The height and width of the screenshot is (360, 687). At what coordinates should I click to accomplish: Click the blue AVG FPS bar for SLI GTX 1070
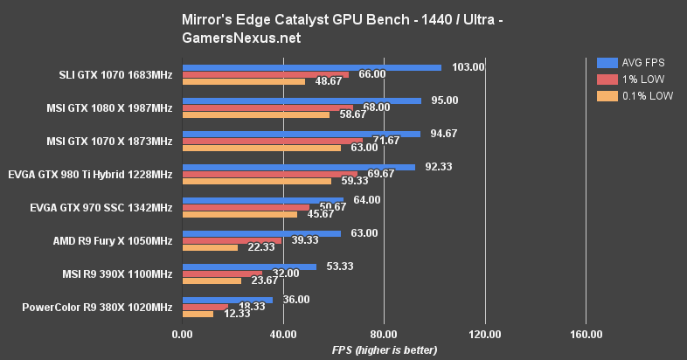point(311,67)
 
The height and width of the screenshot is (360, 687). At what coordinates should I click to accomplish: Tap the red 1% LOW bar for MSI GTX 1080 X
point(267,107)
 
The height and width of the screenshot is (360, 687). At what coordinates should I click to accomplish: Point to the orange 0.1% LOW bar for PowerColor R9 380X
point(198,314)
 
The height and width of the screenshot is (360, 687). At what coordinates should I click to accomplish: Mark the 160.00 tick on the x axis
point(586,334)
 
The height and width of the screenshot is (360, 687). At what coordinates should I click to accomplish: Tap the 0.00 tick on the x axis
point(182,334)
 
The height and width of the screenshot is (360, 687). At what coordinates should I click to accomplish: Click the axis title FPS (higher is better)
point(384,350)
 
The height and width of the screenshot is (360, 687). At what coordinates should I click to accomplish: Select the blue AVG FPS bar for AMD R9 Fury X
point(261,233)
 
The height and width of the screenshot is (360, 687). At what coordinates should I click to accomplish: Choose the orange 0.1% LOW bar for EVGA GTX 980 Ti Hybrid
point(256,182)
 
